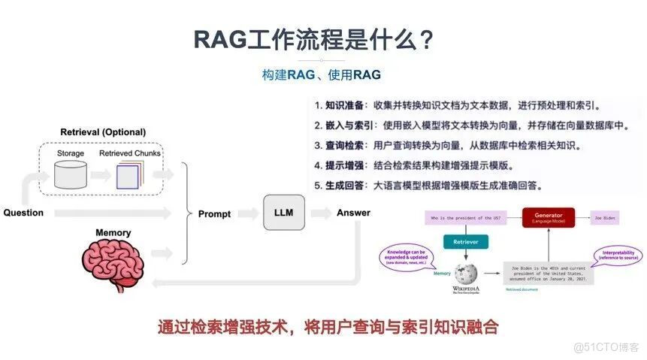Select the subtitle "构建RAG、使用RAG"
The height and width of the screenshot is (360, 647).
(322, 74)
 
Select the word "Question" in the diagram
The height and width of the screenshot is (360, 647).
(23, 213)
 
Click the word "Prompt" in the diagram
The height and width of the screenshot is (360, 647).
(214, 213)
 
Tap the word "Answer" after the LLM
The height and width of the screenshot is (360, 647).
(353, 213)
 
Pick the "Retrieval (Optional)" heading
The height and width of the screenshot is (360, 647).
(103, 132)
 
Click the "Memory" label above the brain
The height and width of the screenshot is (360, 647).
(113, 233)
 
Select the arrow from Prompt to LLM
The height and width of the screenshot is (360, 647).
(246, 213)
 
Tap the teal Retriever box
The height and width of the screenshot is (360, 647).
(466, 241)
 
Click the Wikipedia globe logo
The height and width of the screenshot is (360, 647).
(466, 271)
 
